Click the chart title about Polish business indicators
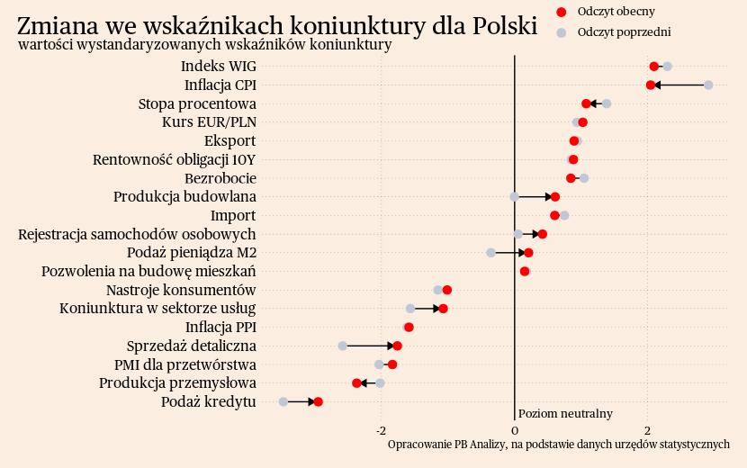277,26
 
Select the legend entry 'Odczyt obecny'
616,12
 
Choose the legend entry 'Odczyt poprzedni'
624,32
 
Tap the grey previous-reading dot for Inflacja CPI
708,85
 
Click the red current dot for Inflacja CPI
651,85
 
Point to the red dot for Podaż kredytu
318,401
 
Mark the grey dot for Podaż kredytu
283,401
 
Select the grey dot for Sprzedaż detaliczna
343,346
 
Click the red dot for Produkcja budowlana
554,196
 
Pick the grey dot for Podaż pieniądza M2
490,253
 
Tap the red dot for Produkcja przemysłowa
356,383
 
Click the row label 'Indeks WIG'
218,67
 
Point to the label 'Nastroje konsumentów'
181,290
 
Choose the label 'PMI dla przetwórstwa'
184,364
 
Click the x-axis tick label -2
381,430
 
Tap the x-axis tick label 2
647,430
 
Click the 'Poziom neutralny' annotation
565,414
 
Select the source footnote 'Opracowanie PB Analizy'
558,445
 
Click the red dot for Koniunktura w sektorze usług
443,309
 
